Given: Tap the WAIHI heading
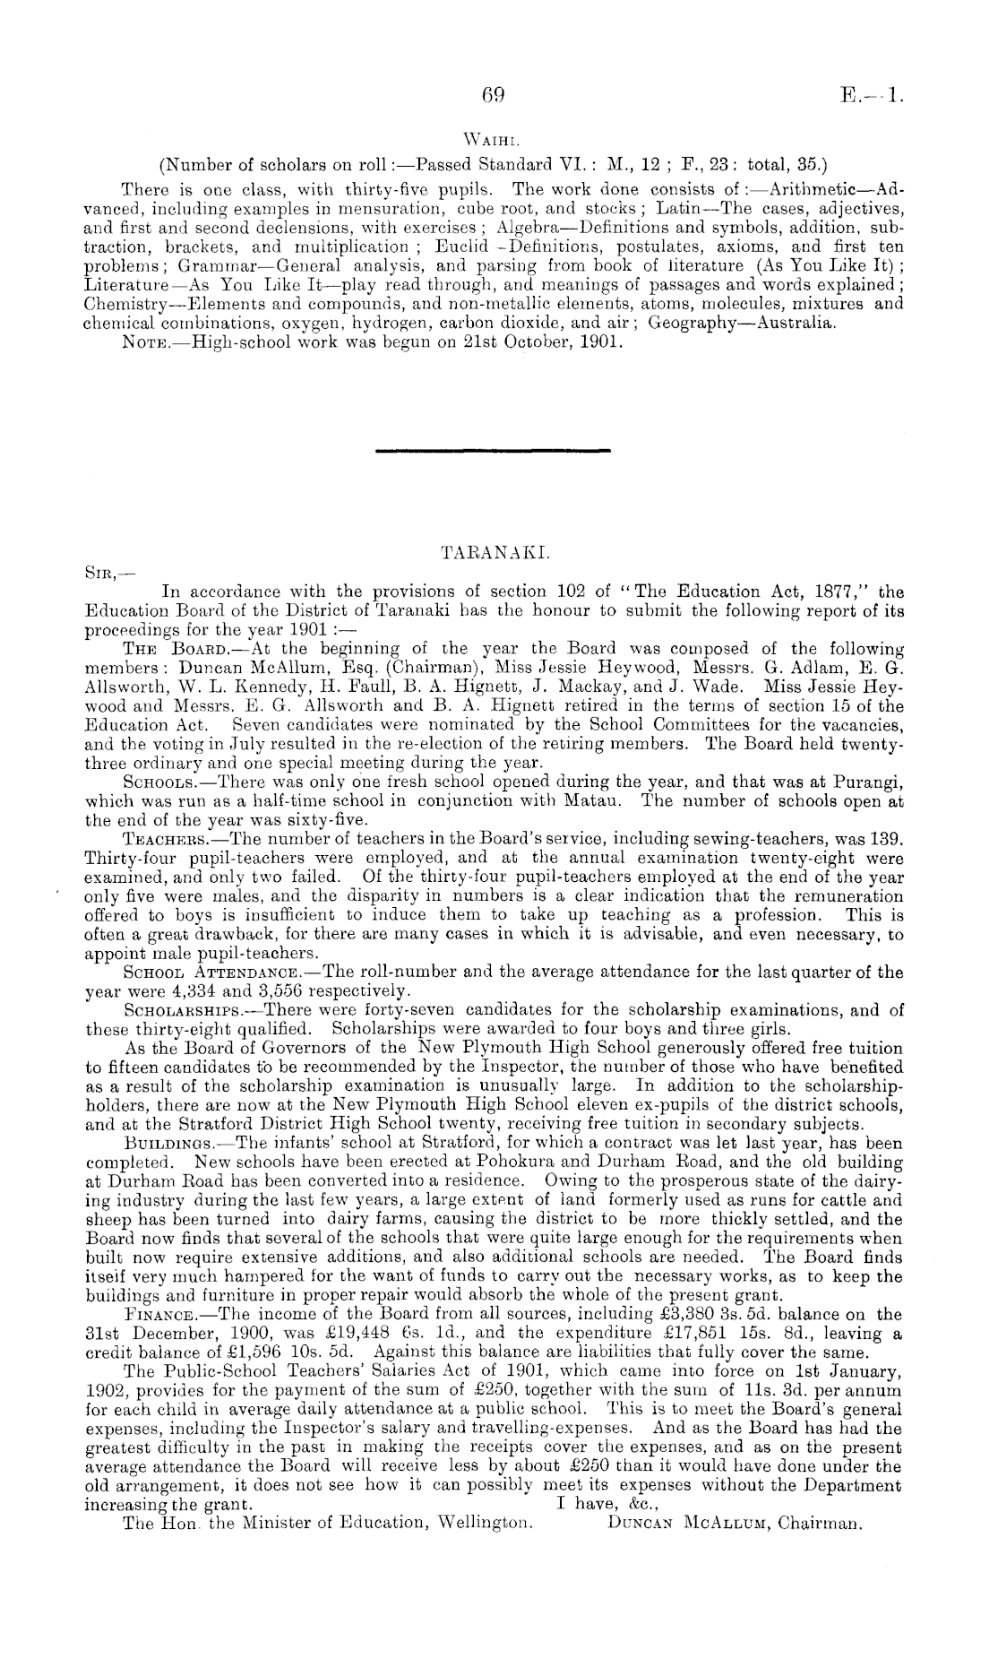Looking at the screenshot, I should pos(494,140).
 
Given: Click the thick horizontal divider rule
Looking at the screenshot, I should pos(494,449).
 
